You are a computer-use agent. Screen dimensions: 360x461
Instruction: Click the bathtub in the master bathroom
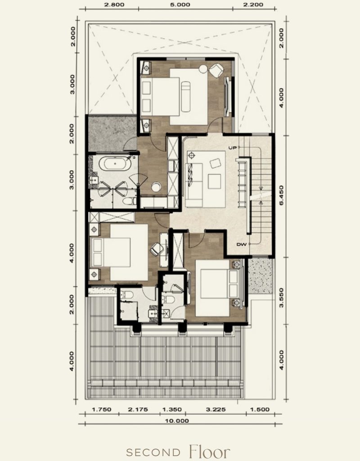pyautogui.click(x=115, y=164)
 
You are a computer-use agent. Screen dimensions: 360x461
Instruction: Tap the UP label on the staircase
pyautogui.click(x=233, y=148)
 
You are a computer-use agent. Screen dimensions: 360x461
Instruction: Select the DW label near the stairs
pyautogui.click(x=242, y=244)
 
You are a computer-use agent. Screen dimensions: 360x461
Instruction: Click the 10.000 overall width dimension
pyautogui.click(x=177, y=421)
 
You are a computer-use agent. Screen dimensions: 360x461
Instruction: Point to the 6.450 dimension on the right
pyautogui.click(x=282, y=195)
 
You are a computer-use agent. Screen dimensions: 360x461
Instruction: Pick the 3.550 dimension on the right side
pyautogui.click(x=282, y=298)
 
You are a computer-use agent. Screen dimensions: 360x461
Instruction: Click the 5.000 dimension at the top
pyautogui.click(x=180, y=5)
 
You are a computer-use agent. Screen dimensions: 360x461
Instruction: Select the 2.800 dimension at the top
pyautogui.click(x=114, y=5)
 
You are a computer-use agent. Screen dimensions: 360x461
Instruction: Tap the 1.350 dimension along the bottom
pyautogui.click(x=172, y=409)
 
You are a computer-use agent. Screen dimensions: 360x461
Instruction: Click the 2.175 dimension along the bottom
pyautogui.click(x=138, y=409)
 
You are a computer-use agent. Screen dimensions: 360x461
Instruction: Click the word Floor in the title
pyautogui.click(x=210, y=452)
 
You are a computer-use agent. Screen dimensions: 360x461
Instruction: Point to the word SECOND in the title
pyautogui.click(x=153, y=452)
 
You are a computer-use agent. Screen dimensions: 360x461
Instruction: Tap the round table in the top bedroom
pyautogui.click(x=203, y=69)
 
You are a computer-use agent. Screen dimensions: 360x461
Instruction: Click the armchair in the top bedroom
pyautogui.click(x=216, y=71)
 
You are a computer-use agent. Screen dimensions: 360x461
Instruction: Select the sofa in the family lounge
pyautogui.click(x=194, y=185)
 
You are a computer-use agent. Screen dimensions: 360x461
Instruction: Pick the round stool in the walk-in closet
pyautogui.click(x=156, y=187)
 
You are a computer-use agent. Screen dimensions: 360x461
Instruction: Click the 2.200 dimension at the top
pyautogui.click(x=253, y=5)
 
